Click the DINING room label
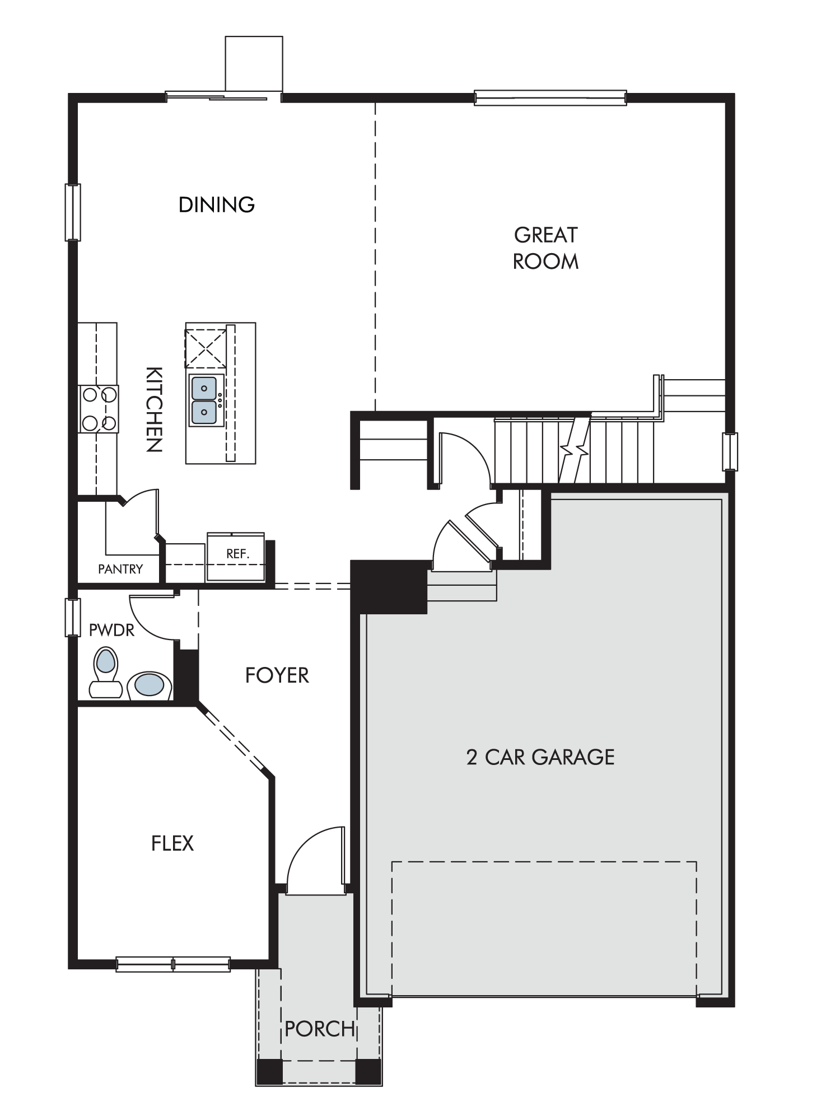[x=217, y=204]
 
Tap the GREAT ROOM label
[x=546, y=248]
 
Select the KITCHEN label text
[x=154, y=409]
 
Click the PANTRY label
[x=120, y=569]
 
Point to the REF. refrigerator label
[x=237, y=554]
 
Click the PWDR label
[x=112, y=630]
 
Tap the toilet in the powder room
[x=106, y=672]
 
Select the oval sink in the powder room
[x=149, y=685]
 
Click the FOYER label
[x=277, y=675]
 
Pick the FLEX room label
[x=172, y=843]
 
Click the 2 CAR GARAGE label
[x=540, y=757]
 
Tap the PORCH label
[x=320, y=1029]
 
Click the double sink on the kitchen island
[x=205, y=400]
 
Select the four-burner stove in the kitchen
[x=99, y=409]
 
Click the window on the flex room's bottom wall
[x=173, y=964]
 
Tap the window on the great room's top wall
[x=550, y=98]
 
